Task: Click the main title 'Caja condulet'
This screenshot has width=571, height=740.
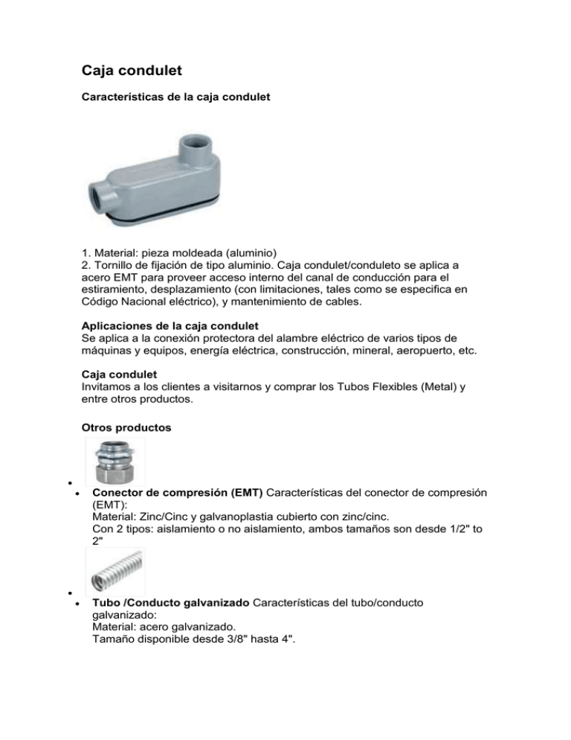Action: (132, 71)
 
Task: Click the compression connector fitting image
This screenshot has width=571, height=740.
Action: (115, 462)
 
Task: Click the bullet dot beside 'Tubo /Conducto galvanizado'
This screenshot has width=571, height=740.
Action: (77, 605)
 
